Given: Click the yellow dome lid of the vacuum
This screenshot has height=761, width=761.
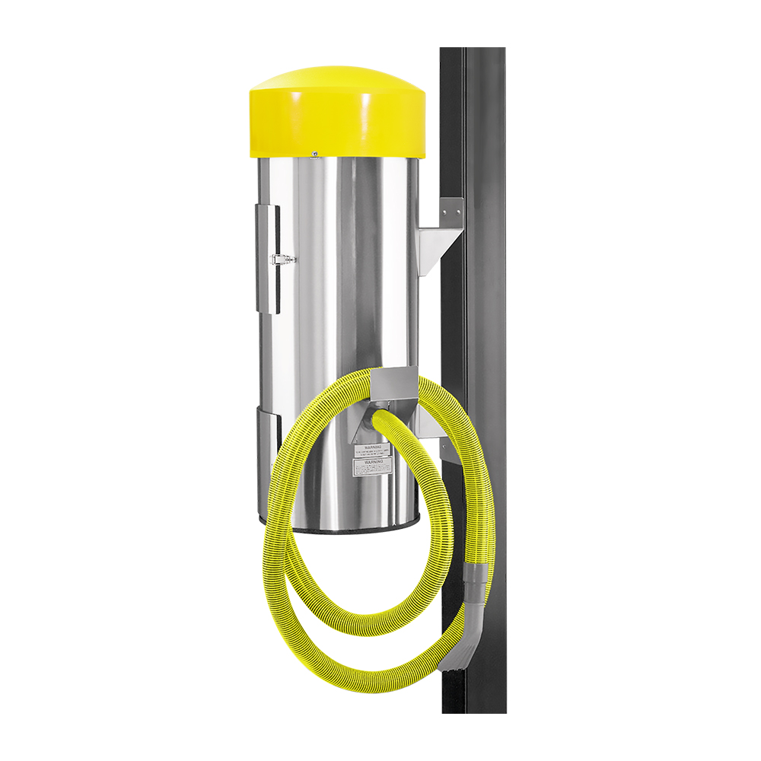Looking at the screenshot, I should click(x=335, y=114).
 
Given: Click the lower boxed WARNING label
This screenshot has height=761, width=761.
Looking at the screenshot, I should click(x=371, y=466).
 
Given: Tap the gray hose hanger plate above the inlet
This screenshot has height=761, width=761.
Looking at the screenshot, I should click(x=396, y=384).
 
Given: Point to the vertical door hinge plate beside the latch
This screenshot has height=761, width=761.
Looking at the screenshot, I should click(x=267, y=259).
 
